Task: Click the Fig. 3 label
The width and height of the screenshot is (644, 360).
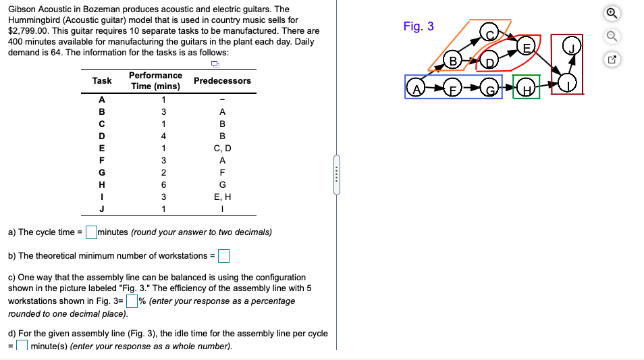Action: point(419,26)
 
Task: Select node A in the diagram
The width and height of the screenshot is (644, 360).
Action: point(417,88)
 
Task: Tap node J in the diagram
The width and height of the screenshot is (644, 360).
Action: point(572,48)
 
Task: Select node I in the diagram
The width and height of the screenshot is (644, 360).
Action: point(571,84)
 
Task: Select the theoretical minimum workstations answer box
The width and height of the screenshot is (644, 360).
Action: point(223,255)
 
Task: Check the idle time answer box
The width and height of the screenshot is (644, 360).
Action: point(22,346)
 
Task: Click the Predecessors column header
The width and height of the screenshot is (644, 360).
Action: point(222,80)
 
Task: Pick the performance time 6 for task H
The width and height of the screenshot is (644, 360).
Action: point(155,183)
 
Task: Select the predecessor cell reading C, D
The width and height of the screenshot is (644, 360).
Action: point(222,148)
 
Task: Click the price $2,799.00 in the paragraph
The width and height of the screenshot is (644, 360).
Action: point(29,31)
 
